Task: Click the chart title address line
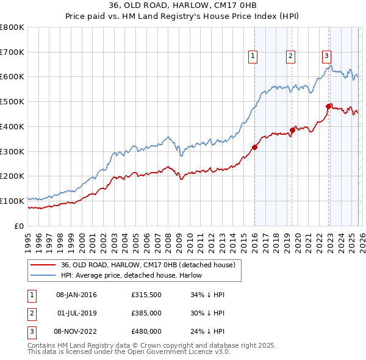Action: point(182,6)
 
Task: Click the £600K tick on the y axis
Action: point(12,77)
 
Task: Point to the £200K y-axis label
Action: point(12,176)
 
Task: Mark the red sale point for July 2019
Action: point(292,130)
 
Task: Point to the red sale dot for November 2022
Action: point(328,106)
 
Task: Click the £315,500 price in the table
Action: point(146,295)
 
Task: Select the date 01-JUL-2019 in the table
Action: point(76,313)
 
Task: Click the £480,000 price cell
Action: point(146,331)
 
